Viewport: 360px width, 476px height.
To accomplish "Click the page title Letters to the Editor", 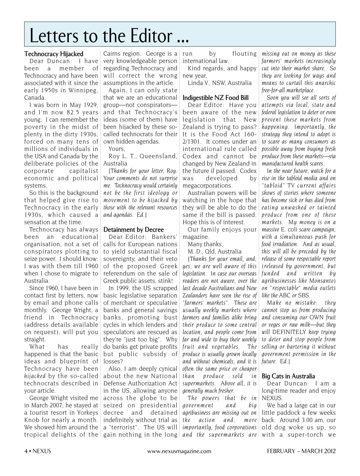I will click(109, 36).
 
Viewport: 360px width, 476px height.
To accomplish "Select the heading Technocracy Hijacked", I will click(54, 54).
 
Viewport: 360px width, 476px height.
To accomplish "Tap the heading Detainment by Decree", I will click(134, 229).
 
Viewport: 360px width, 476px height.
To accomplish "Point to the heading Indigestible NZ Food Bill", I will click(216, 98).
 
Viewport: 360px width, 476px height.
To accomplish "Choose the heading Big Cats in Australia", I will click(288, 376).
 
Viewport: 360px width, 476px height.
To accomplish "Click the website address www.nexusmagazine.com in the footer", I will click(179, 451).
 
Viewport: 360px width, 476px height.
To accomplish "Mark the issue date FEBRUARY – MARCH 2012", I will click(301, 451).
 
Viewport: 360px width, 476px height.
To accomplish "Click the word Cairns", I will click(112, 54).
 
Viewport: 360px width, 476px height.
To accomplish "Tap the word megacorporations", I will click(207, 186).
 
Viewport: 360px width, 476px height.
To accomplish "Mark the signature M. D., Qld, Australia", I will click(215, 251).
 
